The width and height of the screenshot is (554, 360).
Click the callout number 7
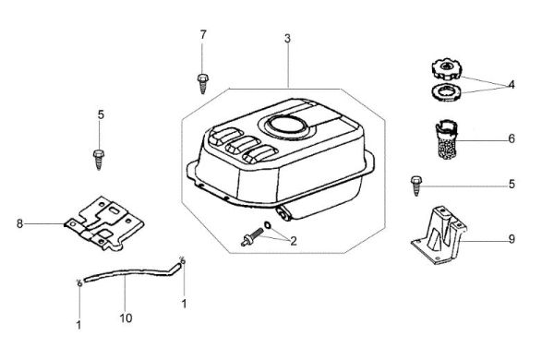[203, 35]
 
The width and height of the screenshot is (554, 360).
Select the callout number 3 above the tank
[287, 38]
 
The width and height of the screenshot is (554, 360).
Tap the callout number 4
[512, 85]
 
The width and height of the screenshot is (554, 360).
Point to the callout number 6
[512, 138]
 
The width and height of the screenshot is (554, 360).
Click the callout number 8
[19, 223]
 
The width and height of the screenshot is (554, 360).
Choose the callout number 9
[512, 239]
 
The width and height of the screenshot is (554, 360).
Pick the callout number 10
[126, 318]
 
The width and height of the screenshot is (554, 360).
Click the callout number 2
[294, 241]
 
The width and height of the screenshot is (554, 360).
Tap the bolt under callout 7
[202, 84]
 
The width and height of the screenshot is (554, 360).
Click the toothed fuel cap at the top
[447, 68]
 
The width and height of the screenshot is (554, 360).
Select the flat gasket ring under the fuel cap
[447, 92]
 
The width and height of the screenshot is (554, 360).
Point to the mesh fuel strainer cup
[446, 140]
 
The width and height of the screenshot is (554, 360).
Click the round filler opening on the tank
[287, 125]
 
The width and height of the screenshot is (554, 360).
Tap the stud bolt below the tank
[252, 236]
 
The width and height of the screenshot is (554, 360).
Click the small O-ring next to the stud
[267, 224]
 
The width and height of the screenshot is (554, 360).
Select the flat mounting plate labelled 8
[103, 223]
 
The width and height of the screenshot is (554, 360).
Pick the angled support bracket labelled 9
[440, 236]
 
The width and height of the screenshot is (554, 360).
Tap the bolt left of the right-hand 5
[416, 186]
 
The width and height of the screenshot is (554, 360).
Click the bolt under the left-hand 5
[99, 160]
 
